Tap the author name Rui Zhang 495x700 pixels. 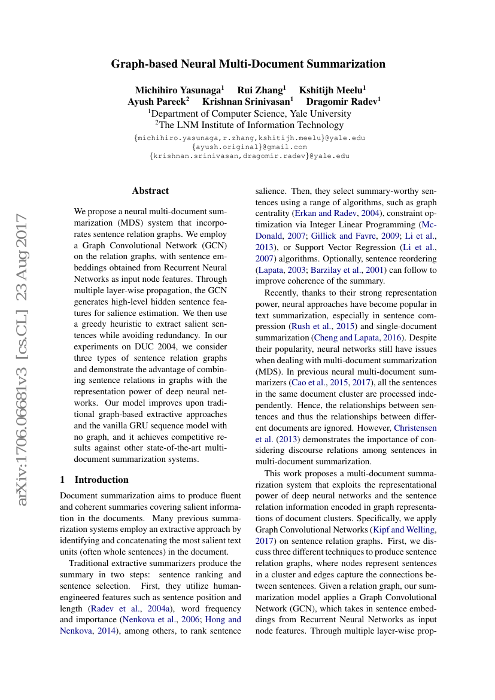click(x=260, y=90)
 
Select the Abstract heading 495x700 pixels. click(x=150, y=191)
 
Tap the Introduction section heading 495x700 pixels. click(x=101, y=480)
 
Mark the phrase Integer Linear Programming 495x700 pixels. click(x=359, y=224)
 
